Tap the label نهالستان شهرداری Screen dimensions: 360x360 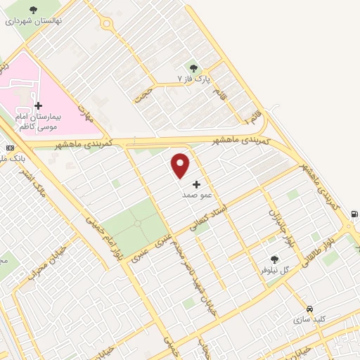point(34,20)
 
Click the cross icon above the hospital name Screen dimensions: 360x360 point(38,105)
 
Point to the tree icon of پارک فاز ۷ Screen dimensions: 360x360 point(194,68)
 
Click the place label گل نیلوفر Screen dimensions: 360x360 point(276,269)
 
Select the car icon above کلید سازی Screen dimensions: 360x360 point(309,308)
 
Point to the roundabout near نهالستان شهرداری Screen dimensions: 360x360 point(106,24)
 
